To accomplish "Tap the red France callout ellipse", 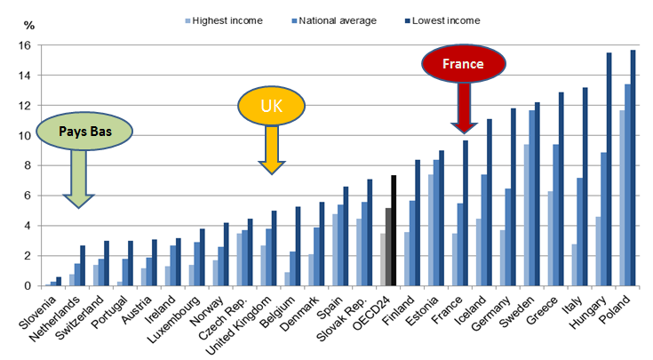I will click(464, 64).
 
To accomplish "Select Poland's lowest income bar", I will click(633, 168).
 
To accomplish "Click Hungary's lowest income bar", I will click(609, 170).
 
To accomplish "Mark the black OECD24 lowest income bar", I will click(394, 231).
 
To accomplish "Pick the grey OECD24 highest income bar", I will click(381, 260).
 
